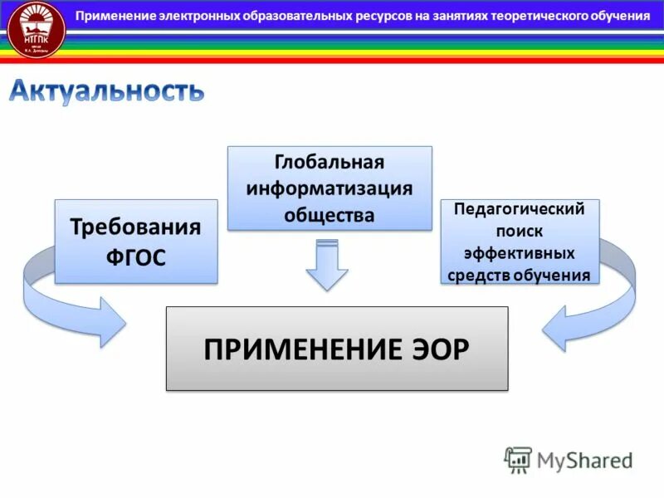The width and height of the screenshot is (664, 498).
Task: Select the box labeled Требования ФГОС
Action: (135, 242)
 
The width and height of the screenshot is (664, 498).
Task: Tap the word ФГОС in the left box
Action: (135, 258)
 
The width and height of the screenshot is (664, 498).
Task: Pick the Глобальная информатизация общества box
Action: (330, 188)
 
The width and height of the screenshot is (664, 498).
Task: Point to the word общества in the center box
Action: (330, 215)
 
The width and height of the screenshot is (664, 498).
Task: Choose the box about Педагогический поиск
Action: (520, 242)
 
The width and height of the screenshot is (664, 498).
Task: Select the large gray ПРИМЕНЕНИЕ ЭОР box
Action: (336, 349)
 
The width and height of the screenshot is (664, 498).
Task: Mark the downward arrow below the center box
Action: (327, 266)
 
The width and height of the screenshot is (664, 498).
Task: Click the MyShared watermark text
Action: (584, 460)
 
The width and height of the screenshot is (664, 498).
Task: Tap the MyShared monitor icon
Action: (518, 459)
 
